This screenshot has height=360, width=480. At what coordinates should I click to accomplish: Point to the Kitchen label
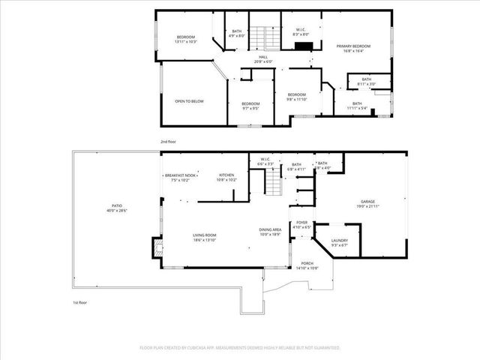tap(226, 177)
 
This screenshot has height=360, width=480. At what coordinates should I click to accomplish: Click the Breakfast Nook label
tap(181, 177)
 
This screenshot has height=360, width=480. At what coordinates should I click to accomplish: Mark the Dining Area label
tap(270, 231)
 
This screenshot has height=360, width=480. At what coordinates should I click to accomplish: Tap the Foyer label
tap(303, 224)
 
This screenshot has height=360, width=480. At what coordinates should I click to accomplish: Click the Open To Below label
tap(189, 101)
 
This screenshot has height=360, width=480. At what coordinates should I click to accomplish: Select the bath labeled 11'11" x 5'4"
tap(357, 106)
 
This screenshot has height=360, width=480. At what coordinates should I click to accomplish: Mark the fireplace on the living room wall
tap(157, 247)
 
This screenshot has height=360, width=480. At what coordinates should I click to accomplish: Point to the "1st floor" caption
tap(80, 302)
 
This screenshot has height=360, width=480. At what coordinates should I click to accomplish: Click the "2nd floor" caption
tap(168, 141)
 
